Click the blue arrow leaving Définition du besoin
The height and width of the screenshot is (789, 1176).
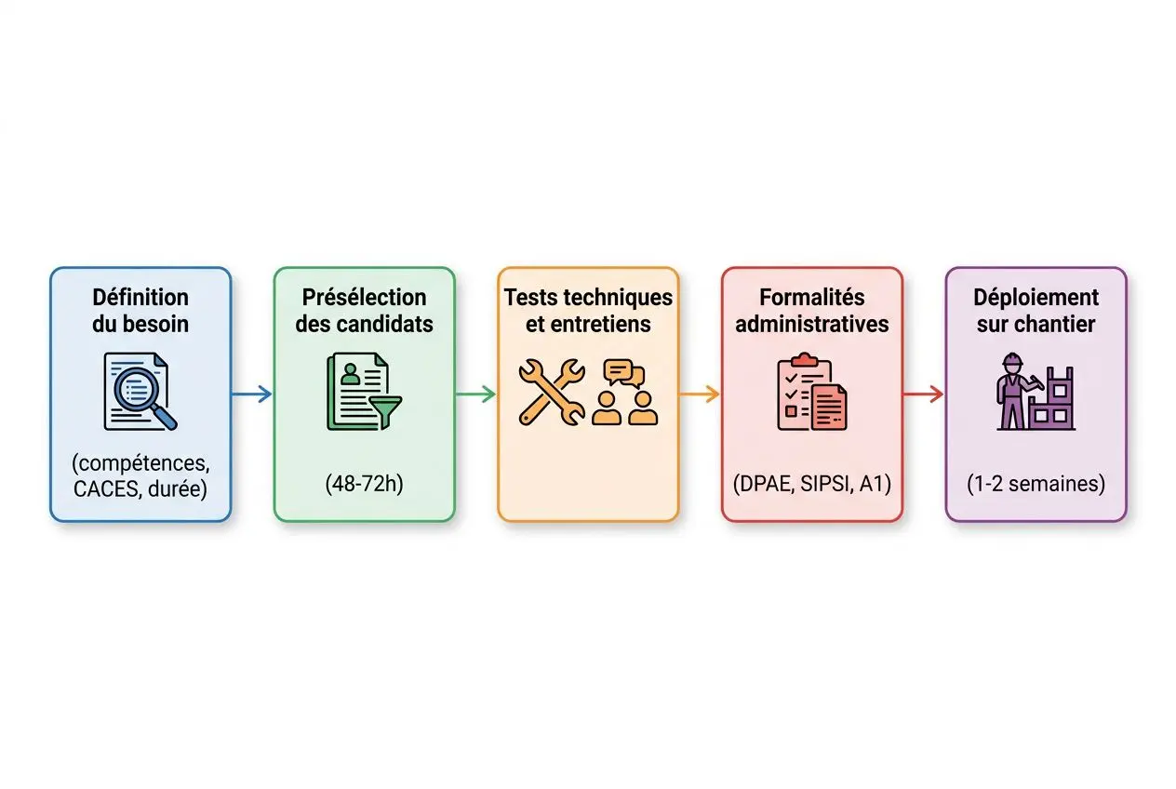251,394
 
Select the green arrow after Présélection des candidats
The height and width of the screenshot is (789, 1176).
475,394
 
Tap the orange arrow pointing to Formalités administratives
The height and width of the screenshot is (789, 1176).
700,394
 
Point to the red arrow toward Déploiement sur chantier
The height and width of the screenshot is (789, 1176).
923,394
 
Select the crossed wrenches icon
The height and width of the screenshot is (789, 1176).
551,392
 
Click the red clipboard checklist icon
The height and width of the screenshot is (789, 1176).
804,391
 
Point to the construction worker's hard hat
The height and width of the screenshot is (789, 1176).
1012,360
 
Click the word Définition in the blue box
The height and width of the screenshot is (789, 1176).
140,298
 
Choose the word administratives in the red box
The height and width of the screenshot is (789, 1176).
812,324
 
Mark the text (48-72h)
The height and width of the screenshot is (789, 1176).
365,484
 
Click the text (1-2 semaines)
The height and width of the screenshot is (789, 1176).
1036,484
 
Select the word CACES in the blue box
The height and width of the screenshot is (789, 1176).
108,489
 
